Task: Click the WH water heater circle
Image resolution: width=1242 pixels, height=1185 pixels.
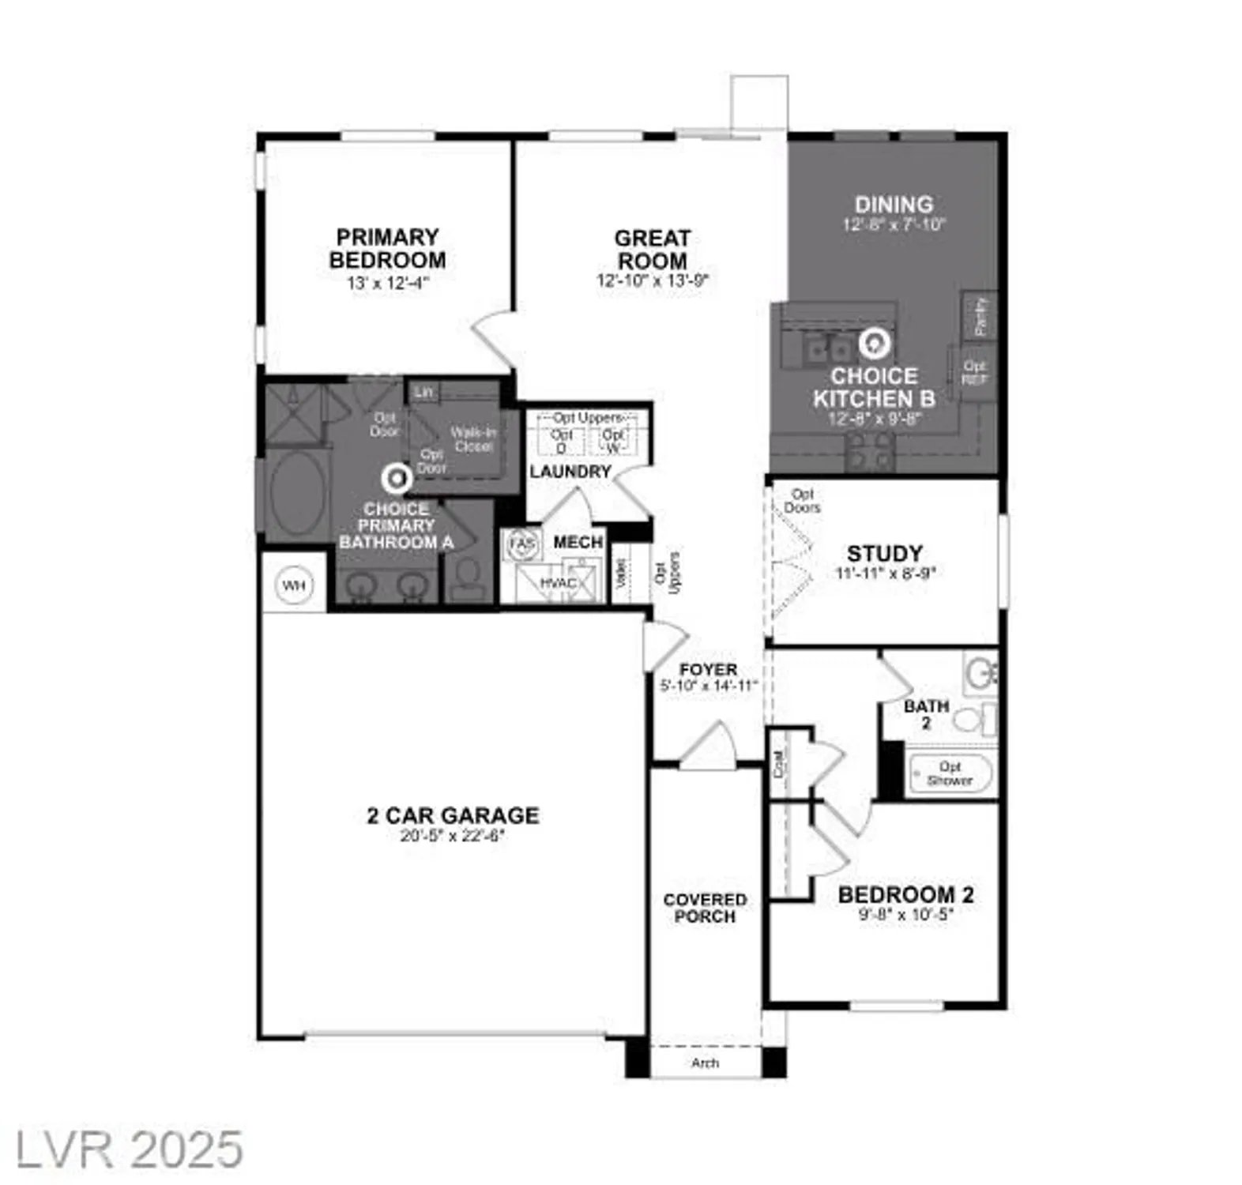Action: [293, 585]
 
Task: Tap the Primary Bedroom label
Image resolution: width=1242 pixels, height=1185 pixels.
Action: [387, 248]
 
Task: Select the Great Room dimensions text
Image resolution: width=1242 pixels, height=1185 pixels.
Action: [653, 280]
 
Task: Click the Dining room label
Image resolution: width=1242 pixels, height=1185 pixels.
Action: [894, 204]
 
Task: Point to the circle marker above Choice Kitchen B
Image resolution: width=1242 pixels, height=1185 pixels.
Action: [875, 343]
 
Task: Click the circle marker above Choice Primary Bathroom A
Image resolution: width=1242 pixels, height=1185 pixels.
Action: [396, 478]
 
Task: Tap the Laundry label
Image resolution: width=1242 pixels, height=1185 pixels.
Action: [570, 472]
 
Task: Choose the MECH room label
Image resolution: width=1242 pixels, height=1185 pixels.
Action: [578, 542]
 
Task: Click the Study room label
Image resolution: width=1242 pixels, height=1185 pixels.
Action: [884, 553]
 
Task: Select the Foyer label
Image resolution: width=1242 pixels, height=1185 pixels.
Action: [708, 669]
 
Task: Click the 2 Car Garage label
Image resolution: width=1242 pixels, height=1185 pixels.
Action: [453, 815]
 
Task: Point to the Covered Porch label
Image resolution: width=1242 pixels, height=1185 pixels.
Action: [705, 908]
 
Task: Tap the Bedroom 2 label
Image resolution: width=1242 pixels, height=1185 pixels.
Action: [905, 895]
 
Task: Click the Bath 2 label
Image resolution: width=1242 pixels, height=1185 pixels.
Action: [926, 713]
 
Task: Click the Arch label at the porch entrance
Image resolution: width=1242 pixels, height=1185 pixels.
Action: [705, 1063]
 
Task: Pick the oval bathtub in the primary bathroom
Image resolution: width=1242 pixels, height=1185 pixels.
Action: [296, 495]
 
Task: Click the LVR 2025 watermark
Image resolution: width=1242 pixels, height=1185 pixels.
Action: [130, 1149]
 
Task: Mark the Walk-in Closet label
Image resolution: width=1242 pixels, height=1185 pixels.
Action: [473, 439]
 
